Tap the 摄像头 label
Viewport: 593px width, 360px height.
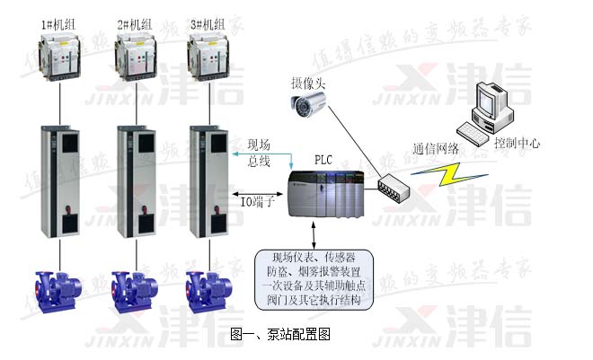pyautogui.click(x=304, y=82)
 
